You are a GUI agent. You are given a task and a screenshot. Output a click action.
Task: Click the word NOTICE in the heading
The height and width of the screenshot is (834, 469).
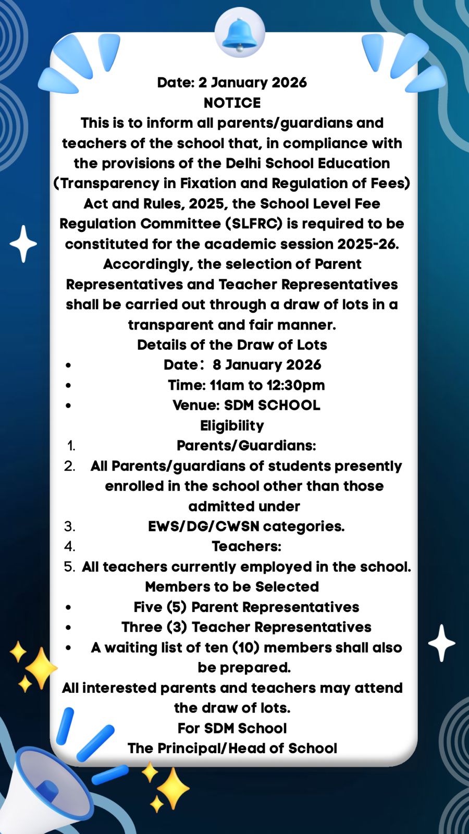tap(232, 103)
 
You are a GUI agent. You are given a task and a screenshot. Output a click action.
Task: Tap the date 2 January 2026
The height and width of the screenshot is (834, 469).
tap(253, 82)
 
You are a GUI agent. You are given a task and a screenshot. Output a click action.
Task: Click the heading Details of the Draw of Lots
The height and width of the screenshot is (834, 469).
tap(232, 345)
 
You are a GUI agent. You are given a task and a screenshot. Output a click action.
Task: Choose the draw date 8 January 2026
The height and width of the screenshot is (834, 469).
tap(267, 365)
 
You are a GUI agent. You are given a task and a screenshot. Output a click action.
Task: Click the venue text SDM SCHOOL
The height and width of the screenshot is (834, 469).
tap(272, 405)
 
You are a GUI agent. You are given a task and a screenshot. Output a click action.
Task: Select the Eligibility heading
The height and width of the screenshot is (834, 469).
tap(232, 425)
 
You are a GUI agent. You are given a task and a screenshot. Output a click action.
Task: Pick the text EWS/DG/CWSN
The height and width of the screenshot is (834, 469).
tap(204, 526)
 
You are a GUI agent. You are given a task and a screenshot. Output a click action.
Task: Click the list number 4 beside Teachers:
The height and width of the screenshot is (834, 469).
tap(69, 546)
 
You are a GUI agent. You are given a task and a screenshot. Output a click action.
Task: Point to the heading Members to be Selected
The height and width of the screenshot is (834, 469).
tap(232, 587)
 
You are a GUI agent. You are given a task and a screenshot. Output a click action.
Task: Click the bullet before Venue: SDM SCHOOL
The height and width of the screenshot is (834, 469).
tap(68, 406)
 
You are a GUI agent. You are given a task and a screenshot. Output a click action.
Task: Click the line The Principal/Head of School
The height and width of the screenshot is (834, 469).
tap(232, 749)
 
